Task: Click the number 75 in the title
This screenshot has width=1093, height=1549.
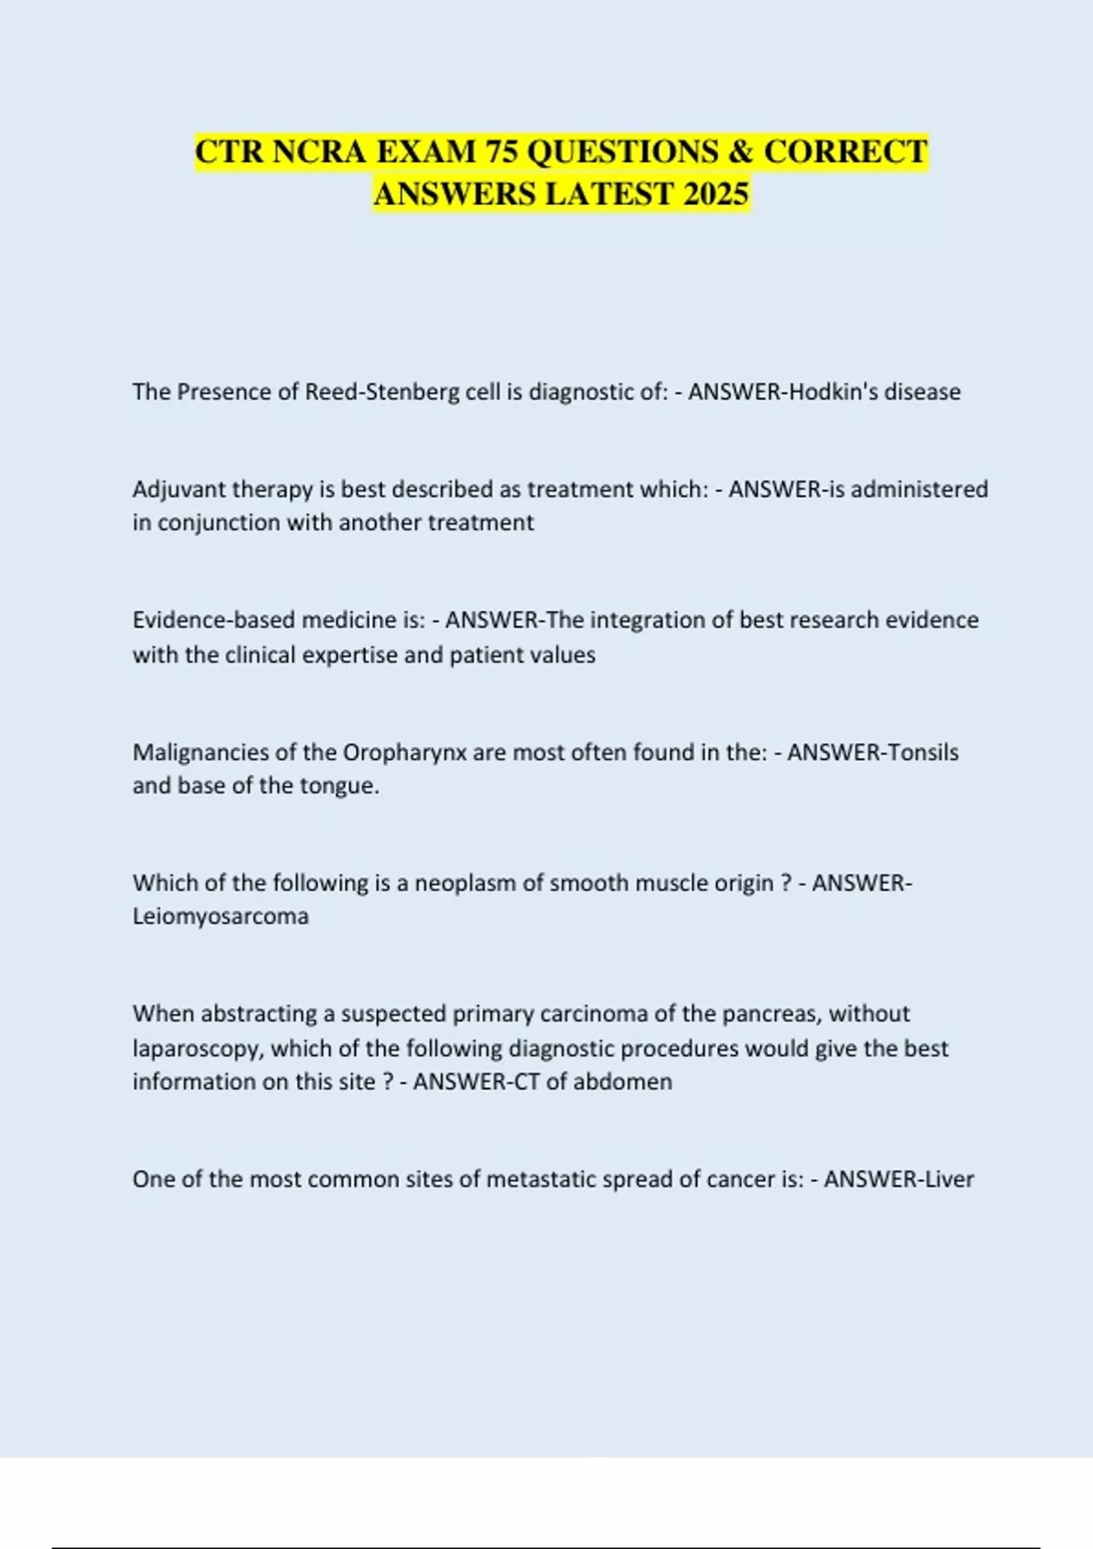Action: [501, 151]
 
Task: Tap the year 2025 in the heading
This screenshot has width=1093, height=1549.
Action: [715, 194]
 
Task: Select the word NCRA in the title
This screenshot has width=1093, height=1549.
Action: [320, 151]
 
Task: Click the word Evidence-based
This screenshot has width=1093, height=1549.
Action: [214, 621]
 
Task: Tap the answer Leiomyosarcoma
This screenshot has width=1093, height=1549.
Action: [220, 917]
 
